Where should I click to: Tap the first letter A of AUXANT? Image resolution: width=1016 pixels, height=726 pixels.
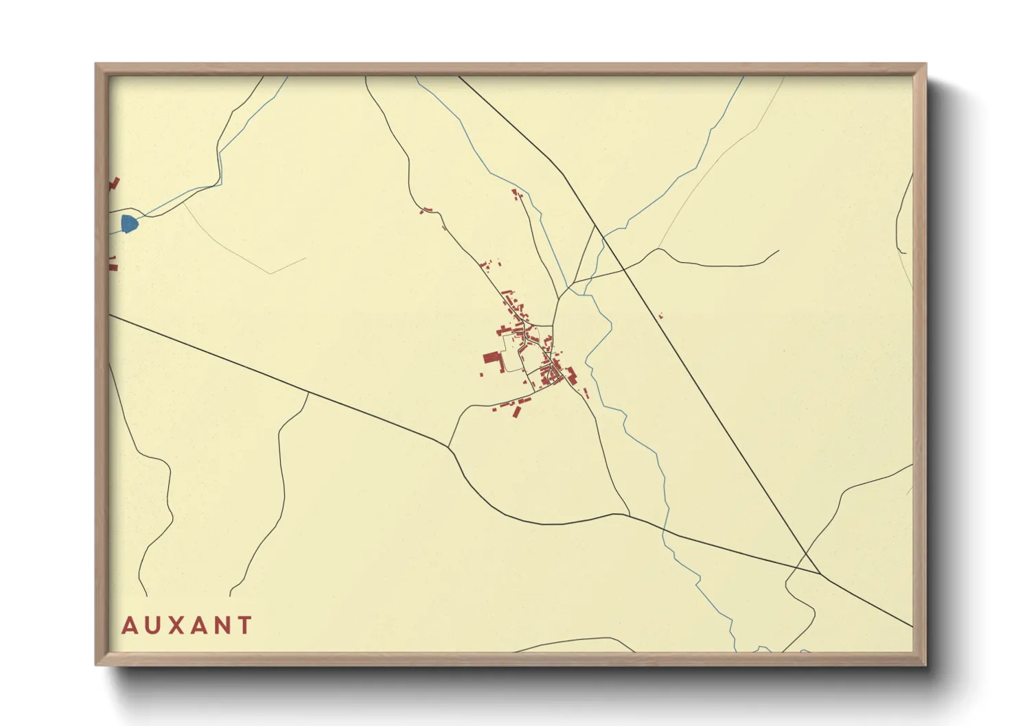(x=128, y=625)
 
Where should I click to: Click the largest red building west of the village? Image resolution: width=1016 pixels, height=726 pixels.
(x=492, y=358)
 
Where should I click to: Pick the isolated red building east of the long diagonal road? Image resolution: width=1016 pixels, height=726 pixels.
(x=661, y=316)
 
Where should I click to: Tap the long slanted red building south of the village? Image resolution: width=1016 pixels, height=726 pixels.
(x=517, y=412)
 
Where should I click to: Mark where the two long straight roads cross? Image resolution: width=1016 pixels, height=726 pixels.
(x=820, y=573)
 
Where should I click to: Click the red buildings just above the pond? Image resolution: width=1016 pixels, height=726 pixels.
(x=114, y=183)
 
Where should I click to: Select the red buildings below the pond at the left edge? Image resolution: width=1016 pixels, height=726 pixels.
(x=113, y=262)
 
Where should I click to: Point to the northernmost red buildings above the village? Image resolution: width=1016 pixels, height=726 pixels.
(x=516, y=194)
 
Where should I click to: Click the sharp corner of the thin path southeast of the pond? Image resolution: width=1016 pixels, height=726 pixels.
(x=270, y=274)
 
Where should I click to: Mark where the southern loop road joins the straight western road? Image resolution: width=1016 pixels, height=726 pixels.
(x=449, y=447)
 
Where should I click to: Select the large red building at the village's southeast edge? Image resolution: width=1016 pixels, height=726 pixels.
(x=570, y=374)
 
